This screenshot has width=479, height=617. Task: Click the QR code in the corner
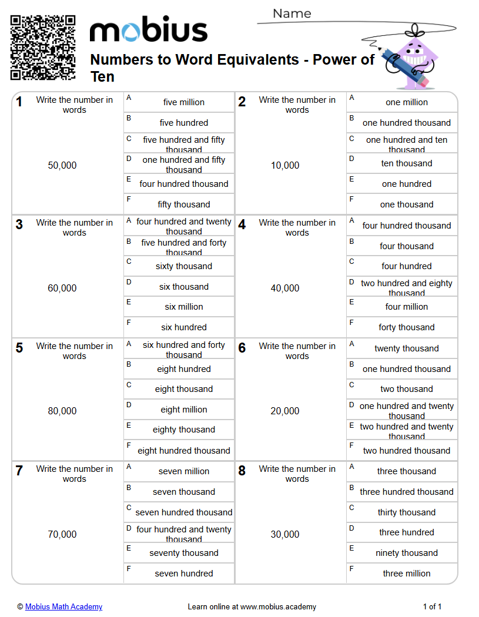(43, 48)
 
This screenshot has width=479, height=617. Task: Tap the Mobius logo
(149, 31)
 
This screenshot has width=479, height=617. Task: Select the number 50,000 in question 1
(62, 166)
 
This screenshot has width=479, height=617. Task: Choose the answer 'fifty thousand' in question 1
(184, 204)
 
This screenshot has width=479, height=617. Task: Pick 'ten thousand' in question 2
(407, 163)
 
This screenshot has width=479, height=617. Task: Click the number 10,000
(285, 166)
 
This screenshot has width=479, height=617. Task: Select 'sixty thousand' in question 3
(184, 266)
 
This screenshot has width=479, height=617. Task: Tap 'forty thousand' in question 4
(407, 327)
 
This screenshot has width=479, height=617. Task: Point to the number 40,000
(285, 289)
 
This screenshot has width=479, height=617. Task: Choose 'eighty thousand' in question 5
(184, 430)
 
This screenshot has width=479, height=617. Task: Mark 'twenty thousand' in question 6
(407, 348)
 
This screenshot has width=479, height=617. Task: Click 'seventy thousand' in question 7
(184, 553)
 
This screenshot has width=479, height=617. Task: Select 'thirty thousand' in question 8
(407, 512)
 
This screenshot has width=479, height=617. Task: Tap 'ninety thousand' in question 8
(407, 553)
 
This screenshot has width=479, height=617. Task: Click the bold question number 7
(19, 471)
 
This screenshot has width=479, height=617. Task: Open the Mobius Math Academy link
(63, 607)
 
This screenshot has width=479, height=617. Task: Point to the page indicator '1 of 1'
(432, 607)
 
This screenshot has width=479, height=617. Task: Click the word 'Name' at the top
(292, 14)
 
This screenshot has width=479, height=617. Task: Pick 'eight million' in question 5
(184, 410)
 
